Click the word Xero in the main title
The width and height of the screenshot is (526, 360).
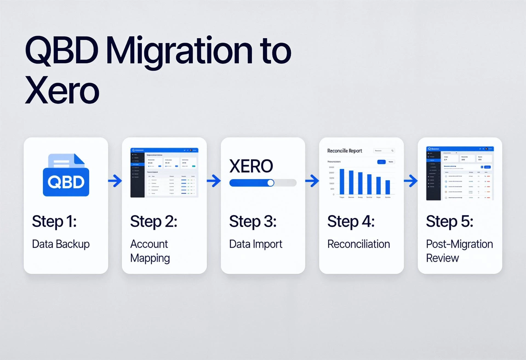(62, 90)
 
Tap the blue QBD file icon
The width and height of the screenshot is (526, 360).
(66, 175)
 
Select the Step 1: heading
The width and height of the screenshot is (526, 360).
(54, 222)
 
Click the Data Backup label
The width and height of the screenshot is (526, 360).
(61, 244)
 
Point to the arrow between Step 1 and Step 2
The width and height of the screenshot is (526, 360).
(115, 181)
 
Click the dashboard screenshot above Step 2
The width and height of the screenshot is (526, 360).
(164, 173)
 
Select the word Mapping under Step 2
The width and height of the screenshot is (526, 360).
(150, 258)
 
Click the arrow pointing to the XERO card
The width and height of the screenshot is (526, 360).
(214, 181)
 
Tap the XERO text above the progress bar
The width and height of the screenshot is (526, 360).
(251, 166)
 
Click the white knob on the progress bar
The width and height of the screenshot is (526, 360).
(271, 183)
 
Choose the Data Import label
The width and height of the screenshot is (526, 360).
(255, 244)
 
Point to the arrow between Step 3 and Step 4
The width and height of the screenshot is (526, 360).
(312, 181)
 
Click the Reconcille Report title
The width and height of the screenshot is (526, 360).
(344, 151)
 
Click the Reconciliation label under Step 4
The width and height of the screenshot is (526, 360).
(358, 244)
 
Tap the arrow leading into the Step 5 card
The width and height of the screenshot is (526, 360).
(411, 181)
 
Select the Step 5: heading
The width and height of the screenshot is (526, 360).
(449, 222)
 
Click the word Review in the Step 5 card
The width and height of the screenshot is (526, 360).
(442, 258)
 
